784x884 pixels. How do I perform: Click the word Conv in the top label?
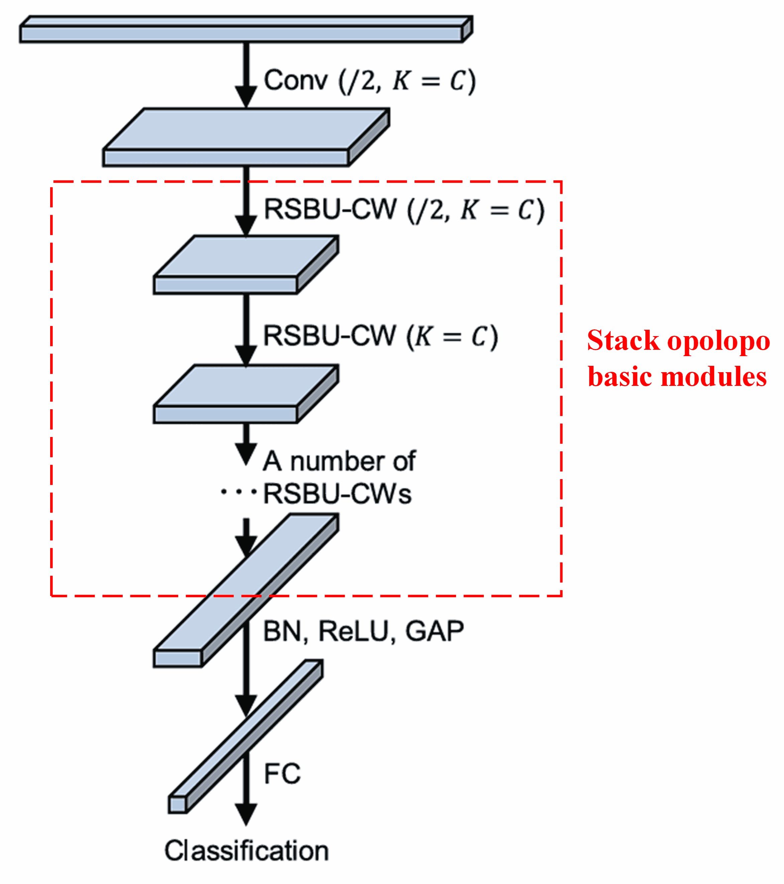click(x=295, y=81)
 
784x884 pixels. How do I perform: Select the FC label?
click(x=282, y=774)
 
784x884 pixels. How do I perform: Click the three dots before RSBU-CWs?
click(x=238, y=492)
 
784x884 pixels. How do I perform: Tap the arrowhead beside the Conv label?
click(x=246, y=96)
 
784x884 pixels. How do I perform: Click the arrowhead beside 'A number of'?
click(x=246, y=454)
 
